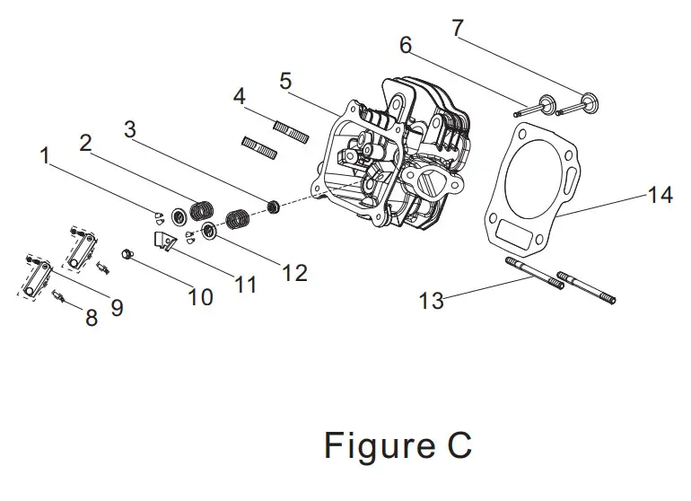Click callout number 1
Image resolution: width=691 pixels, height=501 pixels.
pos(44,155)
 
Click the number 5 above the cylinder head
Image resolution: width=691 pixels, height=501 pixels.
pos(285,81)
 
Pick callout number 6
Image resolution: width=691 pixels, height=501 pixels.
pos(406,45)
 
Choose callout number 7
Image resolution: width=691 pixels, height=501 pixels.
pos(458,28)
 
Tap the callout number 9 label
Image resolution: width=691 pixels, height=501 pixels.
pos(117,308)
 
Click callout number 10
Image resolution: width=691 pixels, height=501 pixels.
pos(200,296)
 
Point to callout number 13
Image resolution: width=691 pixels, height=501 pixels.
pos(432,300)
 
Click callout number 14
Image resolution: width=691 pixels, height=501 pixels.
pos(660,194)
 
